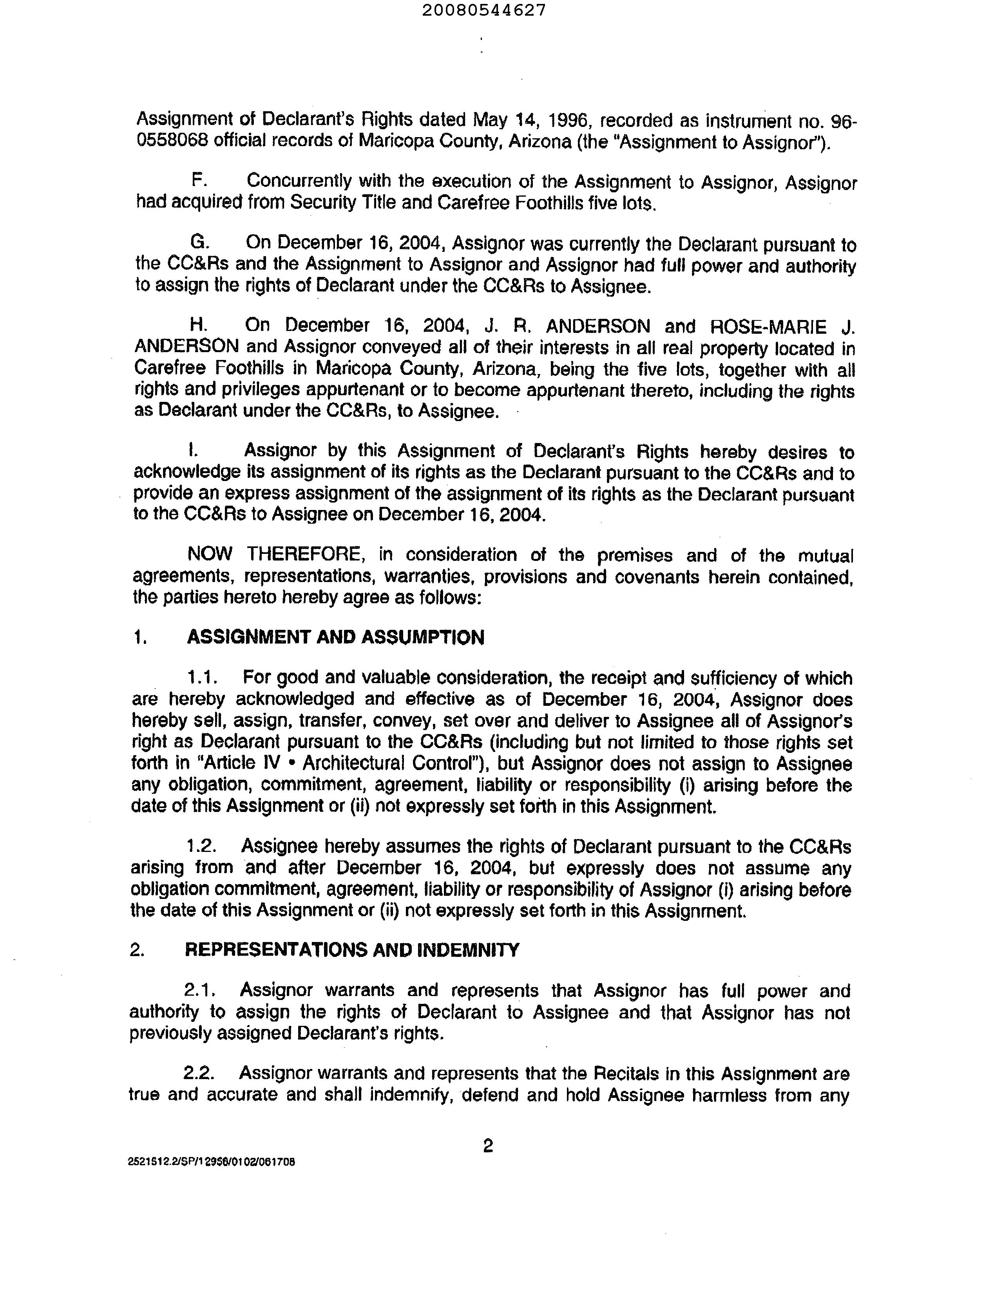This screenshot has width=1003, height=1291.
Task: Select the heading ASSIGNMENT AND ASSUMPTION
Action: [x=335, y=637]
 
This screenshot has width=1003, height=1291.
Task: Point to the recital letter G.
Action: [x=199, y=242]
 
